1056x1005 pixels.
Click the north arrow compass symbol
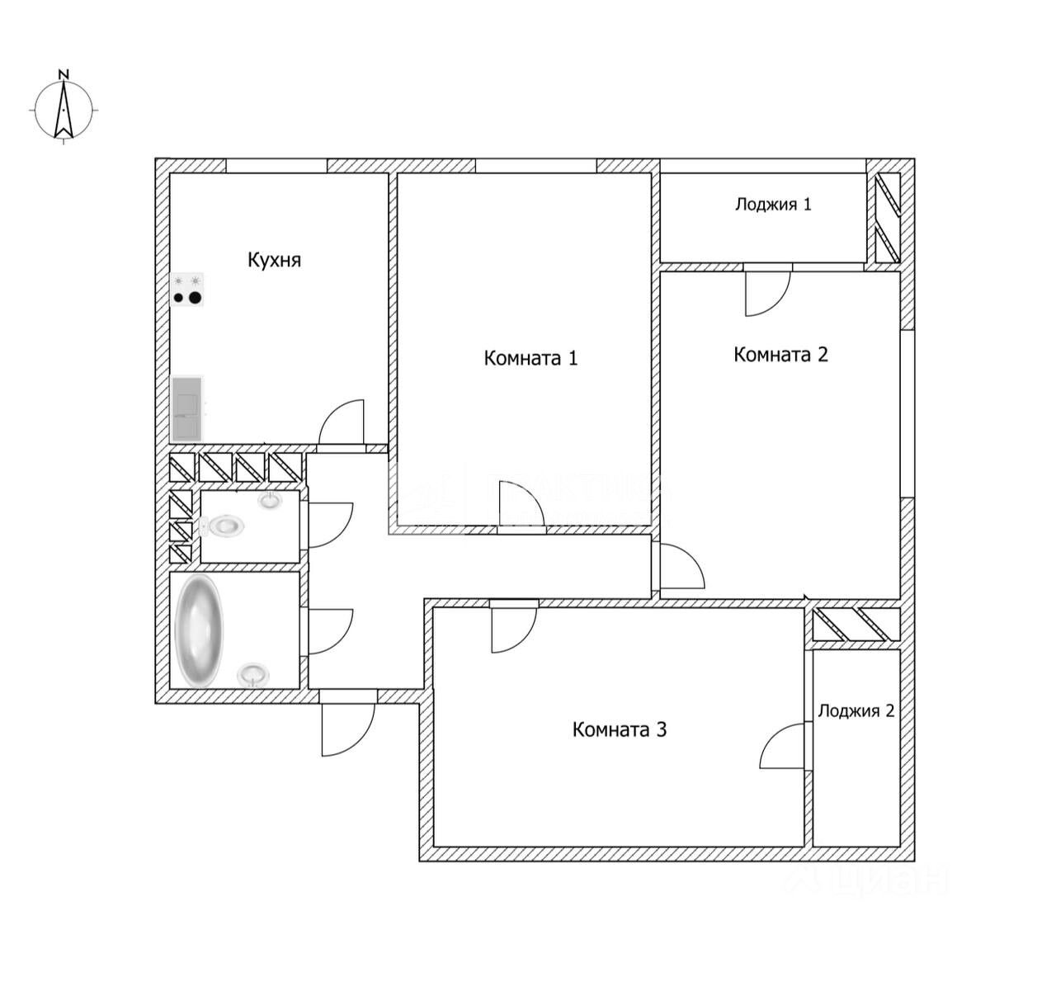[x=64, y=111]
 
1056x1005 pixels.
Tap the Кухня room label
[x=275, y=261]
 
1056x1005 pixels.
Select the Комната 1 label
[x=530, y=358]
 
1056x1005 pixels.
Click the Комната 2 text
[x=780, y=355]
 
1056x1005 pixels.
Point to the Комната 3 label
[x=619, y=729]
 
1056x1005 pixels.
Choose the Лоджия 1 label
[x=773, y=204]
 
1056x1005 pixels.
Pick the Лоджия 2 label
[x=856, y=710]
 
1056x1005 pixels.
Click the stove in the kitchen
[x=187, y=290]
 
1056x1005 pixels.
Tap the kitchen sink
[x=187, y=408]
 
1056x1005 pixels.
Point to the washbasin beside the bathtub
[x=252, y=675]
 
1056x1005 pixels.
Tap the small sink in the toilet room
[x=270, y=500]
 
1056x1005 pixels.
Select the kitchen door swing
[x=342, y=422]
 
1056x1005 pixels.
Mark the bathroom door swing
[x=329, y=632]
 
